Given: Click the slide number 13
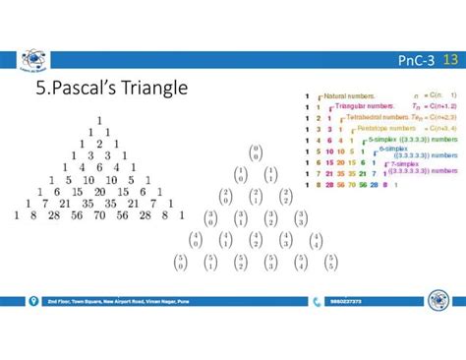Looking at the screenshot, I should click(451, 61).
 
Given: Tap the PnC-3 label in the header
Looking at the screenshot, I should click(416, 62).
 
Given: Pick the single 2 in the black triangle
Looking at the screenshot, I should click(98, 144).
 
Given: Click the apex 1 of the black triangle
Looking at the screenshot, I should click(98, 120).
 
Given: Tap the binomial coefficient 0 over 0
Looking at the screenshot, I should click(255, 152).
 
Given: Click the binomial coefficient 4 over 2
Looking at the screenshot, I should click(256, 240).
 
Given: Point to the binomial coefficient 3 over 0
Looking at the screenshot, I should click(209, 218).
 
